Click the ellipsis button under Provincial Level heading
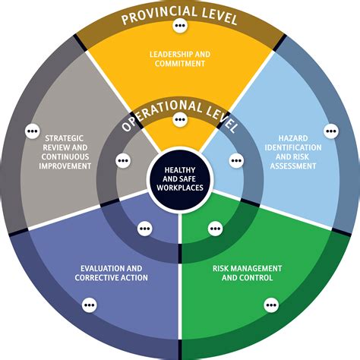(179, 26)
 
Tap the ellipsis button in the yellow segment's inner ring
(180, 119)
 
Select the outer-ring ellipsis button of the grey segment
(32, 131)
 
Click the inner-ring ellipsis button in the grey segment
(123, 160)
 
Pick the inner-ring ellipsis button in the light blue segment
(236, 160)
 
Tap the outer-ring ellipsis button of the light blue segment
(330, 131)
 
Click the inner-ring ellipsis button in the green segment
(215, 227)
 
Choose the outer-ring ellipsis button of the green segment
(270, 305)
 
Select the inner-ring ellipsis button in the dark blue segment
(144, 227)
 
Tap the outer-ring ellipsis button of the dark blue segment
(90, 305)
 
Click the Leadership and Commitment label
(179, 59)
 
